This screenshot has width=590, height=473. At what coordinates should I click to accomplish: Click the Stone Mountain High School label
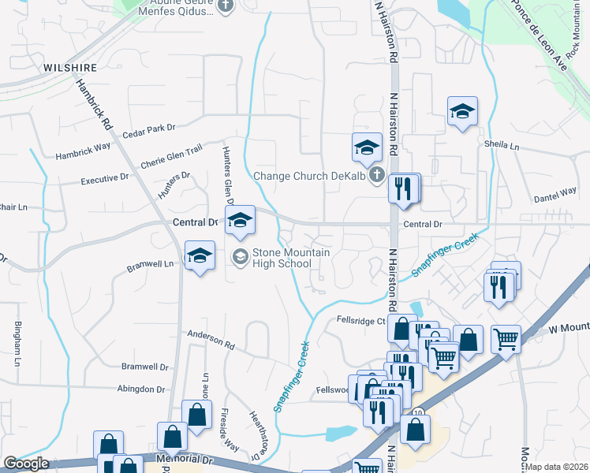[x=290, y=258]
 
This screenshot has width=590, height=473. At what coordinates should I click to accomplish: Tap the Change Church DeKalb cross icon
[x=377, y=175]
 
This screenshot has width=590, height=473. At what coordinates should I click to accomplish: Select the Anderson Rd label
[x=211, y=340]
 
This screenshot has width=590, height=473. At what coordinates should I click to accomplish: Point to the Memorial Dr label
[x=185, y=458]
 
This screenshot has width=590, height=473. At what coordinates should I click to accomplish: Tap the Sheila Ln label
[x=502, y=146]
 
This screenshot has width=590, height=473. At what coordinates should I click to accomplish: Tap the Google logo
[x=26, y=464]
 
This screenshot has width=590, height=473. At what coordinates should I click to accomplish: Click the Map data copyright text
[x=557, y=467]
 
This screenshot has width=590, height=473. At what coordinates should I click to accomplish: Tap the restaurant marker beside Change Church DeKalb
[x=404, y=189]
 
